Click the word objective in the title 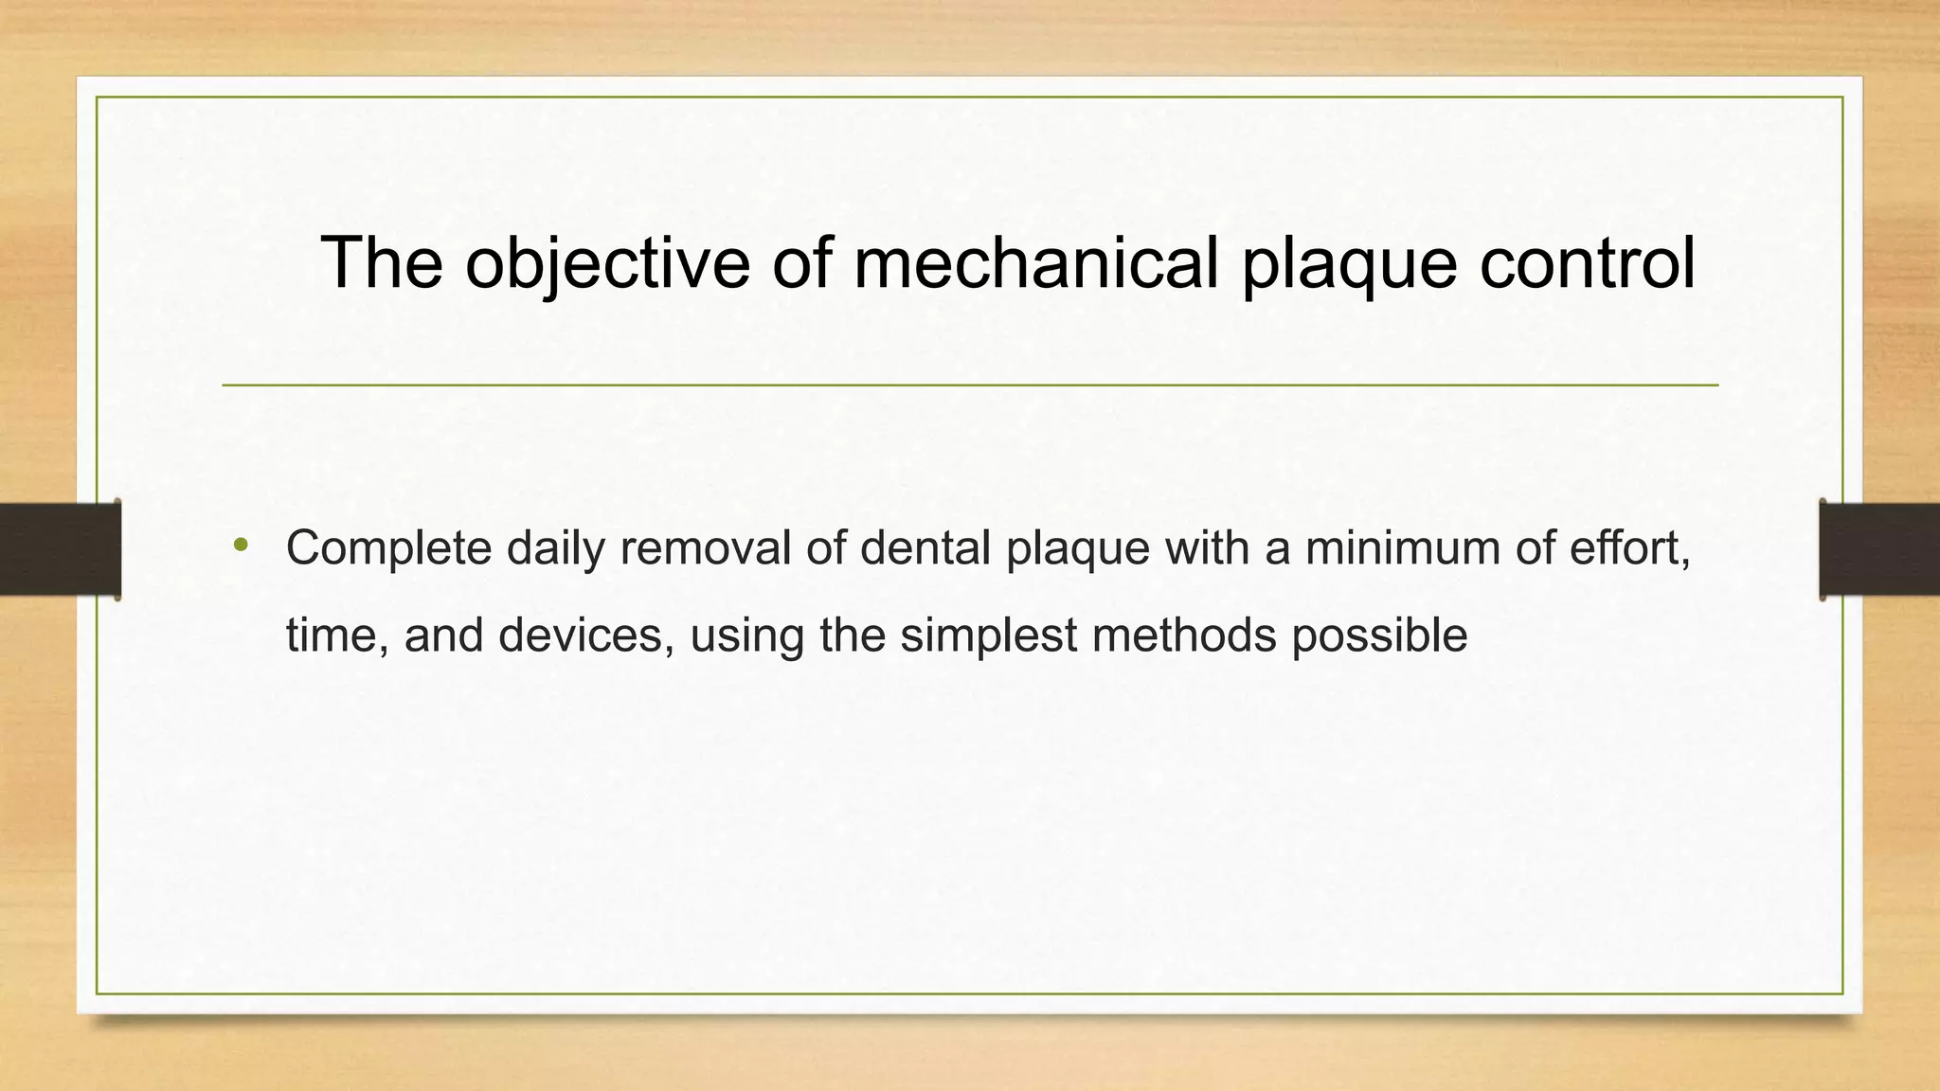[x=606, y=262]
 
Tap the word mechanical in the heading [x=1035, y=262]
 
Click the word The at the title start [x=382, y=262]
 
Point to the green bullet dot [x=241, y=545]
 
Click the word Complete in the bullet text [x=388, y=548]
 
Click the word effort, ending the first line [x=1629, y=548]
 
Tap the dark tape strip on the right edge [x=1879, y=549]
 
